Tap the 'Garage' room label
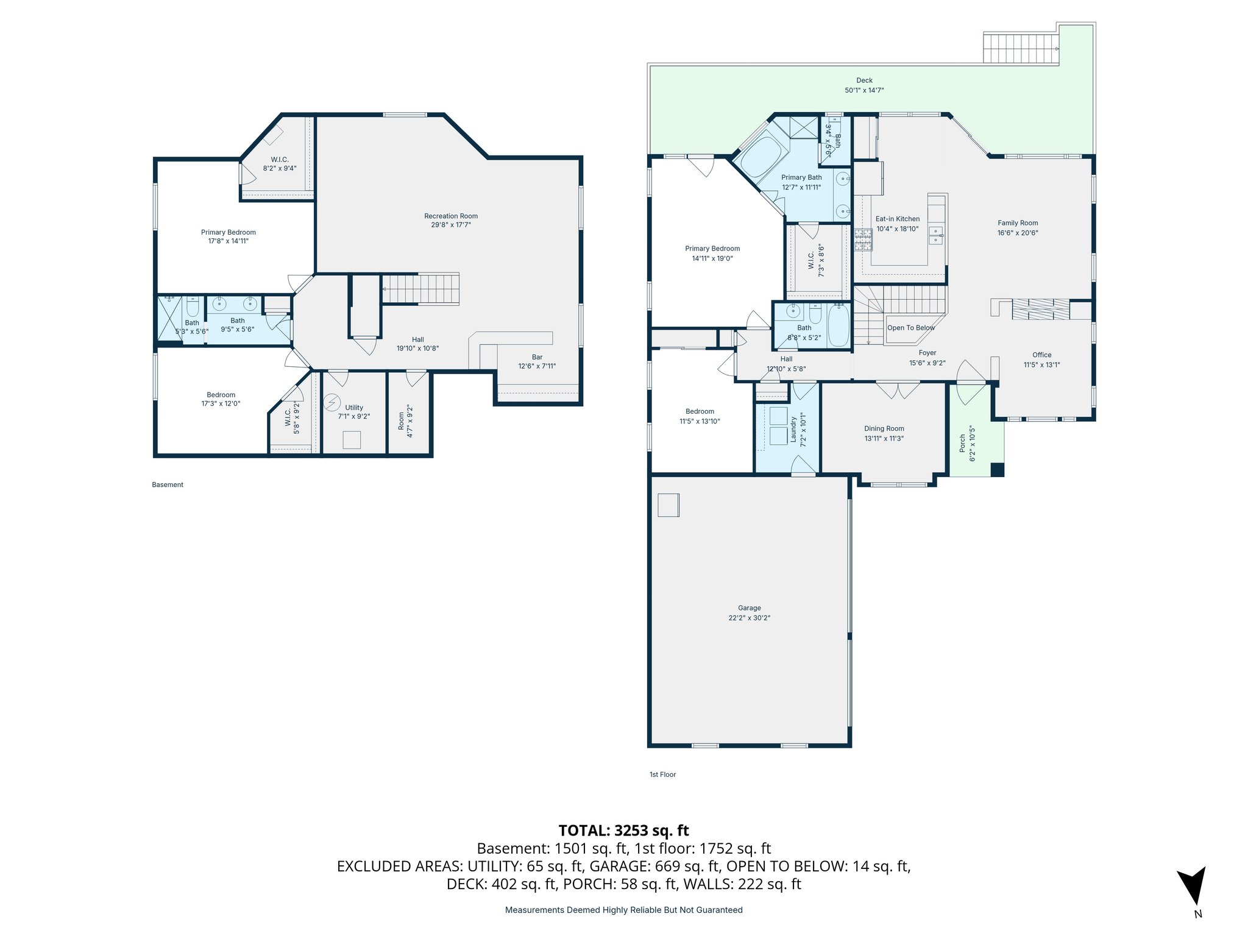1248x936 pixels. click(749, 608)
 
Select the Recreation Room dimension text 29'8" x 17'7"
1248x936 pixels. click(451, 225)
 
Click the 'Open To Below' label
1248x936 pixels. click(910, 328)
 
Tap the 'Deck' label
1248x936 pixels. click(864, 80)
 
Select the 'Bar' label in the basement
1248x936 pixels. click(537, 357)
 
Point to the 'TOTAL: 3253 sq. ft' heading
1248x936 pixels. click(623, 831)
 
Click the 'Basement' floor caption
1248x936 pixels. click(168, 485)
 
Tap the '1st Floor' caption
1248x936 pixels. click(662, 775)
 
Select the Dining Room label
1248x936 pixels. click(884, 428)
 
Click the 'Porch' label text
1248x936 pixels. click(963, 443)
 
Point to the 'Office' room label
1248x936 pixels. click(1041, 355)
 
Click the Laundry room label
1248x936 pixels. click(793, 429)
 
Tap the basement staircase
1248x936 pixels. click(420, 288)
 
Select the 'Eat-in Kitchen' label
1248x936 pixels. click(897, 219)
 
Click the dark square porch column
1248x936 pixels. click(997, 470)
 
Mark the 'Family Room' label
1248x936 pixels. click(1017, 223)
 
